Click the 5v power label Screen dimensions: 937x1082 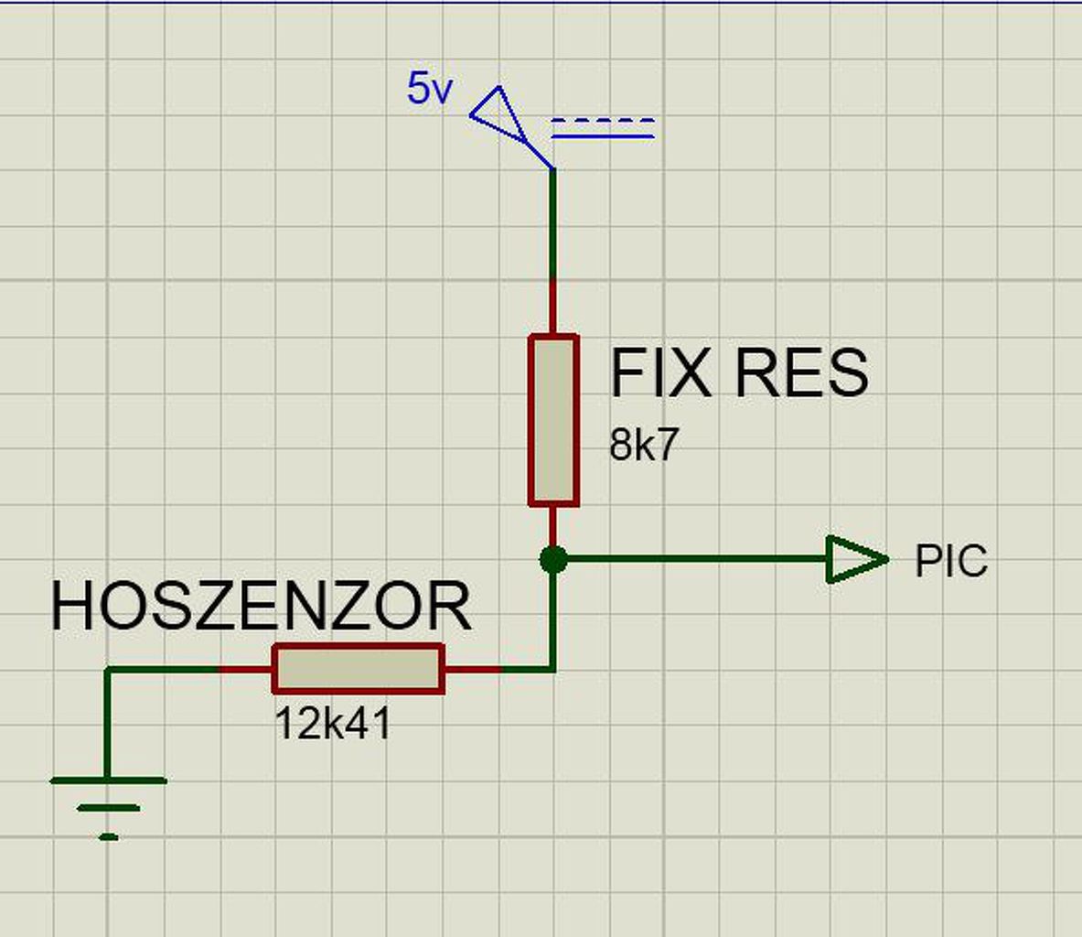point(428,90)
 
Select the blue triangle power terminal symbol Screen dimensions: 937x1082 point(495,114)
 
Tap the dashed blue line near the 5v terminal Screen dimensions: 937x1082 point(603,120)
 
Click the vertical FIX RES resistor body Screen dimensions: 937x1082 point(553,420)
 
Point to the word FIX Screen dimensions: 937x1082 point(659,373)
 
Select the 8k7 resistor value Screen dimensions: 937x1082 point(644,446)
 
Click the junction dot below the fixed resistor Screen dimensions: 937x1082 point(553,559)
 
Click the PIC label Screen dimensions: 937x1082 point(951,561)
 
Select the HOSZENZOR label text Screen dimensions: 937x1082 point(261,606)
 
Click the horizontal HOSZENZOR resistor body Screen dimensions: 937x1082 point(359,669)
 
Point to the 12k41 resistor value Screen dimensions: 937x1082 point(333,725)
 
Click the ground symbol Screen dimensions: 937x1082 point(108,805)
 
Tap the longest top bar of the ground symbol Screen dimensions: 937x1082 point(108,781)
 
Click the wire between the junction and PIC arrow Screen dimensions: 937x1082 point(695,559)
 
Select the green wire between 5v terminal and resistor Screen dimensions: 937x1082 point(553,224)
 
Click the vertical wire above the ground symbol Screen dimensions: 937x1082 point(108,723)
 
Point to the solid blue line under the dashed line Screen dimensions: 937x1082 point(603,137)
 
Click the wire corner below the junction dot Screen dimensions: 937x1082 point(553,669)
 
